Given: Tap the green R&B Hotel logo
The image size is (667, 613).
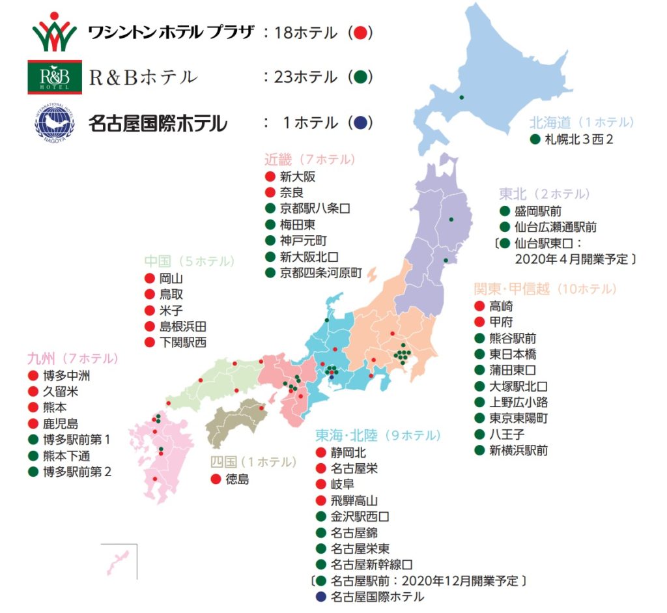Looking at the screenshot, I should (54, 77).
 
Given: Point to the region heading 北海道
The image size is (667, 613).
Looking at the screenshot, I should (550, 122).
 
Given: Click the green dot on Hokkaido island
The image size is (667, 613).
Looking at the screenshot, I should (461, 98).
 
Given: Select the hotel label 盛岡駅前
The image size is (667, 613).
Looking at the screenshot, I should (538, 211).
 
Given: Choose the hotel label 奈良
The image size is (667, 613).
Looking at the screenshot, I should (292, 193).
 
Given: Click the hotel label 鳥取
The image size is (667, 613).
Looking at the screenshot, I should (171, 294).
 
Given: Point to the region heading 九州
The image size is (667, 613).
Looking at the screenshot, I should (41, 358).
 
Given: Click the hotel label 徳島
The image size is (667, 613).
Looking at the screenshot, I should (237, 479).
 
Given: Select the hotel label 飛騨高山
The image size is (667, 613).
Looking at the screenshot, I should (354, 500).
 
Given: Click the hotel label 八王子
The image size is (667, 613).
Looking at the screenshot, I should (505, 434).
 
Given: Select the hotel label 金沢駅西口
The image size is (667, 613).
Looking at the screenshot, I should (360, 517).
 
